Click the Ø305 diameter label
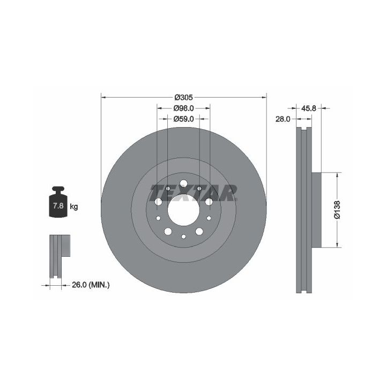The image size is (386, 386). point(184,98)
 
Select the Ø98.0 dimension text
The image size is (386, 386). point(184,108)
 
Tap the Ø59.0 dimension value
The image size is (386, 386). point(184,119)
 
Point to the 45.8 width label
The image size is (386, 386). point(309,108)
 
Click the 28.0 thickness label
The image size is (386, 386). point(283,119)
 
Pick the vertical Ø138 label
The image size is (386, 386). point(337,210)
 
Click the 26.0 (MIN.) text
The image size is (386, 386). point(91,285)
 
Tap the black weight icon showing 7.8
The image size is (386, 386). point(58,202)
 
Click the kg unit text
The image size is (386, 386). point(74,206)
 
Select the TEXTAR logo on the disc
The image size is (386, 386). point(194,193)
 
